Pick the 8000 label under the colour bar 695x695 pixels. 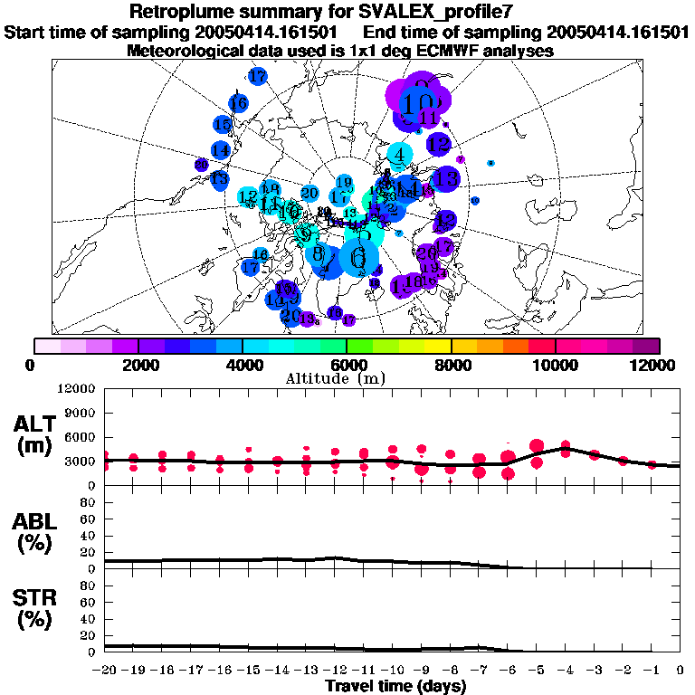[x=451, y=366]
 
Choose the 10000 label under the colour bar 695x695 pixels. [x=555, y=366]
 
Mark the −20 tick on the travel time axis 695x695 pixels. [x=106, y=671]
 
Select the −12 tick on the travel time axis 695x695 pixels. [x=335, y=671]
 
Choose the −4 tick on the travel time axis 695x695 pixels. [x=565, y=671]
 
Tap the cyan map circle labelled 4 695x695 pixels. [x=399, y=154]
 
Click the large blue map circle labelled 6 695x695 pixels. [x=358, y=260]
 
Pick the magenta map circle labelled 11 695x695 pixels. [x=429, y=119]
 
